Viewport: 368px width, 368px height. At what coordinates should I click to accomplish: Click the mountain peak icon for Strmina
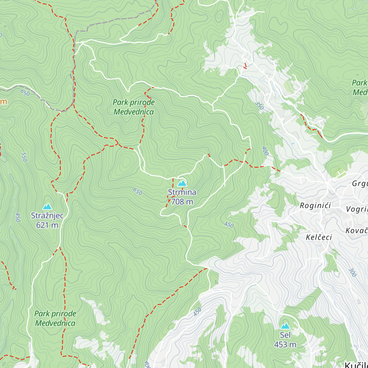tap(182, 183)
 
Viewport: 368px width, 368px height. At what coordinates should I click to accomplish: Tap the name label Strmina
tap(182, 192)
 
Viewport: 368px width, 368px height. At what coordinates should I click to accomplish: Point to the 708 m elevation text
tap(182, 201)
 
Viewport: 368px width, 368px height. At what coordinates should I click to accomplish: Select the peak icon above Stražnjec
tap(47, 207)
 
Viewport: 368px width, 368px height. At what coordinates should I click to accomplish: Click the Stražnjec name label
tap(47, 216)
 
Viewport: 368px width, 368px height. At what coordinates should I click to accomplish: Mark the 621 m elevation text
tap(47, 225)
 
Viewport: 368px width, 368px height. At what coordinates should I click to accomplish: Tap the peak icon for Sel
tap(285, 326)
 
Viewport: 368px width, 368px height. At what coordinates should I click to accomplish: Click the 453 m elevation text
tap(285, 345)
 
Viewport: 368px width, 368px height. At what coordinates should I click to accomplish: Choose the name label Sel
tap(285, 335)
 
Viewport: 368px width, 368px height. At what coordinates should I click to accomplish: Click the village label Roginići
tap(315, 205)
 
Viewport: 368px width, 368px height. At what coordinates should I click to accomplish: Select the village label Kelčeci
tap(319, 237)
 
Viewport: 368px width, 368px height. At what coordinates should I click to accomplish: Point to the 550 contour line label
tap(24, 157)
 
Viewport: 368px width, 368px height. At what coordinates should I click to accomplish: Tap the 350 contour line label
tap(259, 105)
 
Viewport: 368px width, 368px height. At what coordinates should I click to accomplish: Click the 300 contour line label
tap(352, 272)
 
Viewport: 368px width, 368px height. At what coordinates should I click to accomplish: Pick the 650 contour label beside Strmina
tap(137, 192)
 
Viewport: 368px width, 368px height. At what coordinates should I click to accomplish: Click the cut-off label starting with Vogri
tap(357, 209)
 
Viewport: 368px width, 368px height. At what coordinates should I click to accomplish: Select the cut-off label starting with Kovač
tap(357, 231)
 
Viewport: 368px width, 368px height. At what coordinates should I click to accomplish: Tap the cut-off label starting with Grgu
tap(360, 184)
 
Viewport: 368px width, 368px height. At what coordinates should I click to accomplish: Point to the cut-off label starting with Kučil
tap(356, 365)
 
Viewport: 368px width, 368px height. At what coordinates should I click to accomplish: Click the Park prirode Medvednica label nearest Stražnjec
tap(55, 318)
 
